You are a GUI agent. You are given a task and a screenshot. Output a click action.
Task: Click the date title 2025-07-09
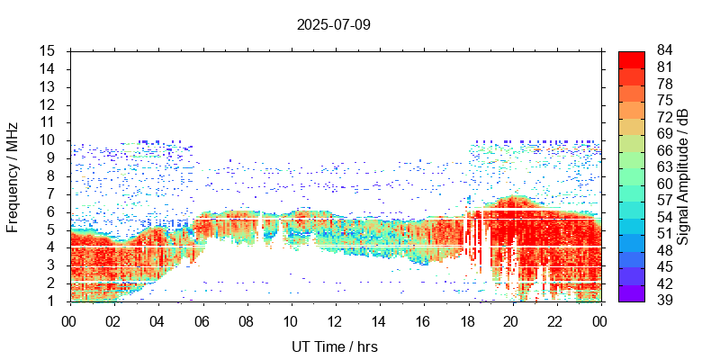333,24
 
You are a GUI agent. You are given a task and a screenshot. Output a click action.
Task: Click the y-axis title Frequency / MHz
13,176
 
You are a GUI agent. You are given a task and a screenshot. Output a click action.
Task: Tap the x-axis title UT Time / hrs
335,346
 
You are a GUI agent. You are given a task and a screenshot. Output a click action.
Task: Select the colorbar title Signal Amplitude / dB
683,176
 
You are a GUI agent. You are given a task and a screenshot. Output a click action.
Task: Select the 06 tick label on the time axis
202,320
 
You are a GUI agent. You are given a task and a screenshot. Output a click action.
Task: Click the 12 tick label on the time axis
335,320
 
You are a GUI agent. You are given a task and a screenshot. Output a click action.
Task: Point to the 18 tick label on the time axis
468,320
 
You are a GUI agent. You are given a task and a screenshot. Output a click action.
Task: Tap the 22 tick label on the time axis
557,320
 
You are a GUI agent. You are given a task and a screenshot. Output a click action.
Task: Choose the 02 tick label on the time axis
113,320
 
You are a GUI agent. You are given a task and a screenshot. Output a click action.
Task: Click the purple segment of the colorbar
631,292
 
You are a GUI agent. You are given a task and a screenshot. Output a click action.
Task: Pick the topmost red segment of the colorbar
631,58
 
